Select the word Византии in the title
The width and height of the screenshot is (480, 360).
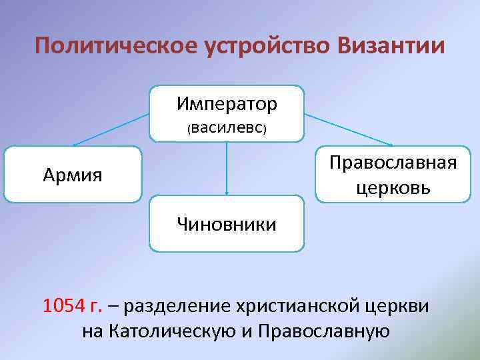click(390, 47)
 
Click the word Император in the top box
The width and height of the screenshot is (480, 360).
click(227, 104)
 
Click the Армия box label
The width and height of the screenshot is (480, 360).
click(73, 175)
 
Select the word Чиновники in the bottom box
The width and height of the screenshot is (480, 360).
click(227, 223)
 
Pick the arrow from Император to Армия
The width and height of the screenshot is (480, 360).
click(110, 129)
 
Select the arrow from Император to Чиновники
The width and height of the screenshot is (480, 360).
click(227, 170)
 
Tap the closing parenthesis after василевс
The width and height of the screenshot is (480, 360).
click(265, 128)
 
